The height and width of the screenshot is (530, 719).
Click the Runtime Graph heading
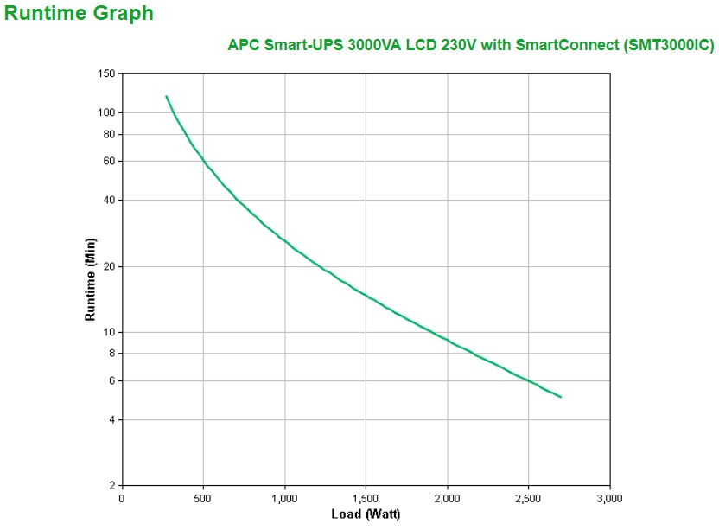coord(80,14)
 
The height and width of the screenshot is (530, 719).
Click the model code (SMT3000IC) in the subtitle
coord(668,46)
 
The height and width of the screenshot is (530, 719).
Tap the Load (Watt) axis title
coord(366,515)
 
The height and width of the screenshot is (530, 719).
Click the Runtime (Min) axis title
coord(90,279)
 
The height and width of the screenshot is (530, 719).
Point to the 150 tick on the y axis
coord(106,74)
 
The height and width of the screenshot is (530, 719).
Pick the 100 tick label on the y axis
coord(106,112)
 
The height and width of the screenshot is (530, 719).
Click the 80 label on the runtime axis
coord(109,134)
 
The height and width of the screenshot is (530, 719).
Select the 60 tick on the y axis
coord(109,161)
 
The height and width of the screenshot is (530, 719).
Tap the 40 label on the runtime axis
coord(109,200)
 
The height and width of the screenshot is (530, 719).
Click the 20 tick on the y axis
coord(109,266)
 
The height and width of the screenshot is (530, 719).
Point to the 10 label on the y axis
coord(109,332)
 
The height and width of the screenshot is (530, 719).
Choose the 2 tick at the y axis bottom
coord(111,485)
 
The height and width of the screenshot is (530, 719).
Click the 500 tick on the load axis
coord(203,499)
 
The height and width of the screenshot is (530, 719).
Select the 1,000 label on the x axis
coord(284,499)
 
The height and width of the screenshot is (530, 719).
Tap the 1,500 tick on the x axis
coord(366,499)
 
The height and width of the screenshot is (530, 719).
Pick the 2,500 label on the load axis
coord(529,499)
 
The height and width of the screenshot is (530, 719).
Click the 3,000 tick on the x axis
coord(610,499)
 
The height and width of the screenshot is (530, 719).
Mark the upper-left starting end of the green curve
coord(166,96)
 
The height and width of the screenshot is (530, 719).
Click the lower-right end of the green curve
coord(561,397)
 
